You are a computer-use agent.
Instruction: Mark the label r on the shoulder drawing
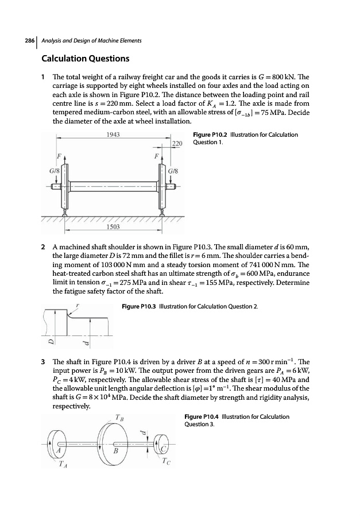78,307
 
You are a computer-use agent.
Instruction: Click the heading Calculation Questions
85,59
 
